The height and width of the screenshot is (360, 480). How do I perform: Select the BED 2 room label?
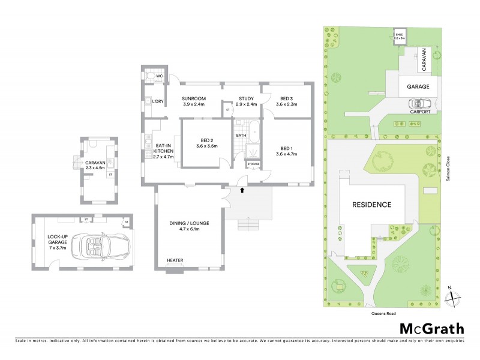click(206, 142)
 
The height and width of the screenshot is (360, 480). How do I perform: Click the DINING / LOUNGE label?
click(189, 226)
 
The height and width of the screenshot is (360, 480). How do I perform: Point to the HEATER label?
click(175, 260)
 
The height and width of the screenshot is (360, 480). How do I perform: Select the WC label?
click(160, 77)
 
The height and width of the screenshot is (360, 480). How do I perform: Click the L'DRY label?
click(158, 101)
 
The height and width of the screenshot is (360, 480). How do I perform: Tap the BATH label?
click(241, 136)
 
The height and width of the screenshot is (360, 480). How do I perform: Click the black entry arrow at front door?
click(242, 191)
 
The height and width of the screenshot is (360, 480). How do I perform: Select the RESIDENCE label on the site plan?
click(371, 205)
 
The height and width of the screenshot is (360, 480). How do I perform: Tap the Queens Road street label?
click(384, 313)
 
